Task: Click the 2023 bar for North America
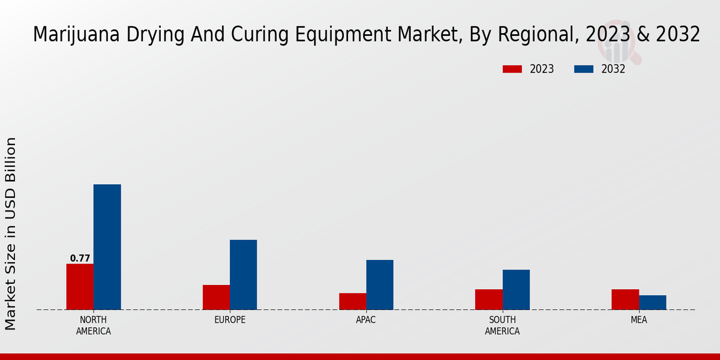[x=80, y=287]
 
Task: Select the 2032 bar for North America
[x=107, y=247]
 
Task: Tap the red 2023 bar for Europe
[x=216, y=297]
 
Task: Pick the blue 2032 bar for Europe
[x=243, y=275]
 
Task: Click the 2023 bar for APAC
[x=352, y=301]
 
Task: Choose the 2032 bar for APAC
[x=380, y=285]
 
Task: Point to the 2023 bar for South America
[x=488, y=299]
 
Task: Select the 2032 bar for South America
[x=516, y=290]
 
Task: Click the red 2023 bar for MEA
[x=625, y=299]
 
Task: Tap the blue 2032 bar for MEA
[x=652, y=302]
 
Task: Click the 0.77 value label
[x=80, y=259]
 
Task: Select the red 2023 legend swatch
[x=512, y=69]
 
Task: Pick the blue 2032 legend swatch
[x=583, y=69]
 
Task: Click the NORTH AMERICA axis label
[x=94, y=325]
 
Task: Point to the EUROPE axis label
[x=230, y=320]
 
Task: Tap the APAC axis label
[x=366, y=320]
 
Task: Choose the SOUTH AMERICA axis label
[x=502, y=325]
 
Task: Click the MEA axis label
[x=638, y=320]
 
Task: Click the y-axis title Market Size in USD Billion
[x=11, y=234]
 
